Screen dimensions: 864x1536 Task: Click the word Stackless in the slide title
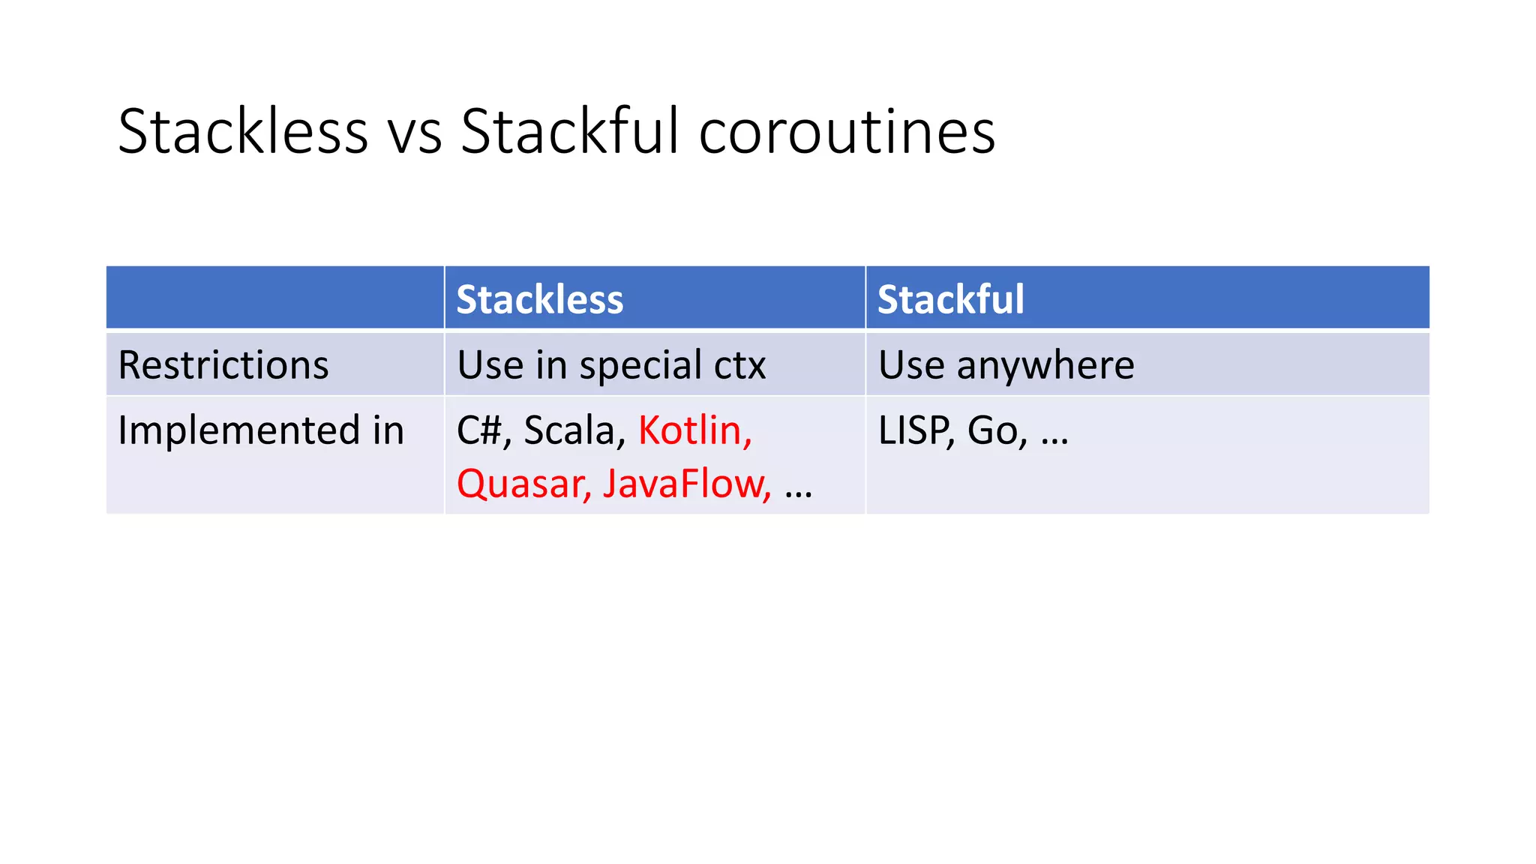pyautogui.click(x=242, y=132)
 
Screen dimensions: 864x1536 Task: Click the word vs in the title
pyautogui.click(x=414, y=132)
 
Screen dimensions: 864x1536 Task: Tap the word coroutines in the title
pyautogui.click(x=847, y=132)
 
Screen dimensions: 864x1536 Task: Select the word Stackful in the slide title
pyautogui.click(x=570, y=132)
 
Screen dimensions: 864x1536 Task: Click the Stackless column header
pyautogui.click(x=539, y=299)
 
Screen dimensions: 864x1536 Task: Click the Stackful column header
pyautogui.click(x=950, y=299)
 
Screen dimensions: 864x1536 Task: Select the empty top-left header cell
pyautogui.click(x=274, y=298)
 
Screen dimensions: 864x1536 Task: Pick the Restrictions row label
pyautogui.click(x=223, y=365)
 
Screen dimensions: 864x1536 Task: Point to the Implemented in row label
pyautogui.click(x=261, y=430)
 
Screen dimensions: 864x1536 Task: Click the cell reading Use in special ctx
pyautogui.click(x=611, y=365)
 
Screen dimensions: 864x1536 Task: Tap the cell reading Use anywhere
pyautogui.click(x=1006, y=365)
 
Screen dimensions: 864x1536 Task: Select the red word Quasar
pyautogui.click(x=522, y=484)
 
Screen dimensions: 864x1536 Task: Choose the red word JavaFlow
pyautogui.click(x=684, y=484)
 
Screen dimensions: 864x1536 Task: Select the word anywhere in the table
pyautogui.click(x=1045, y=365)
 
